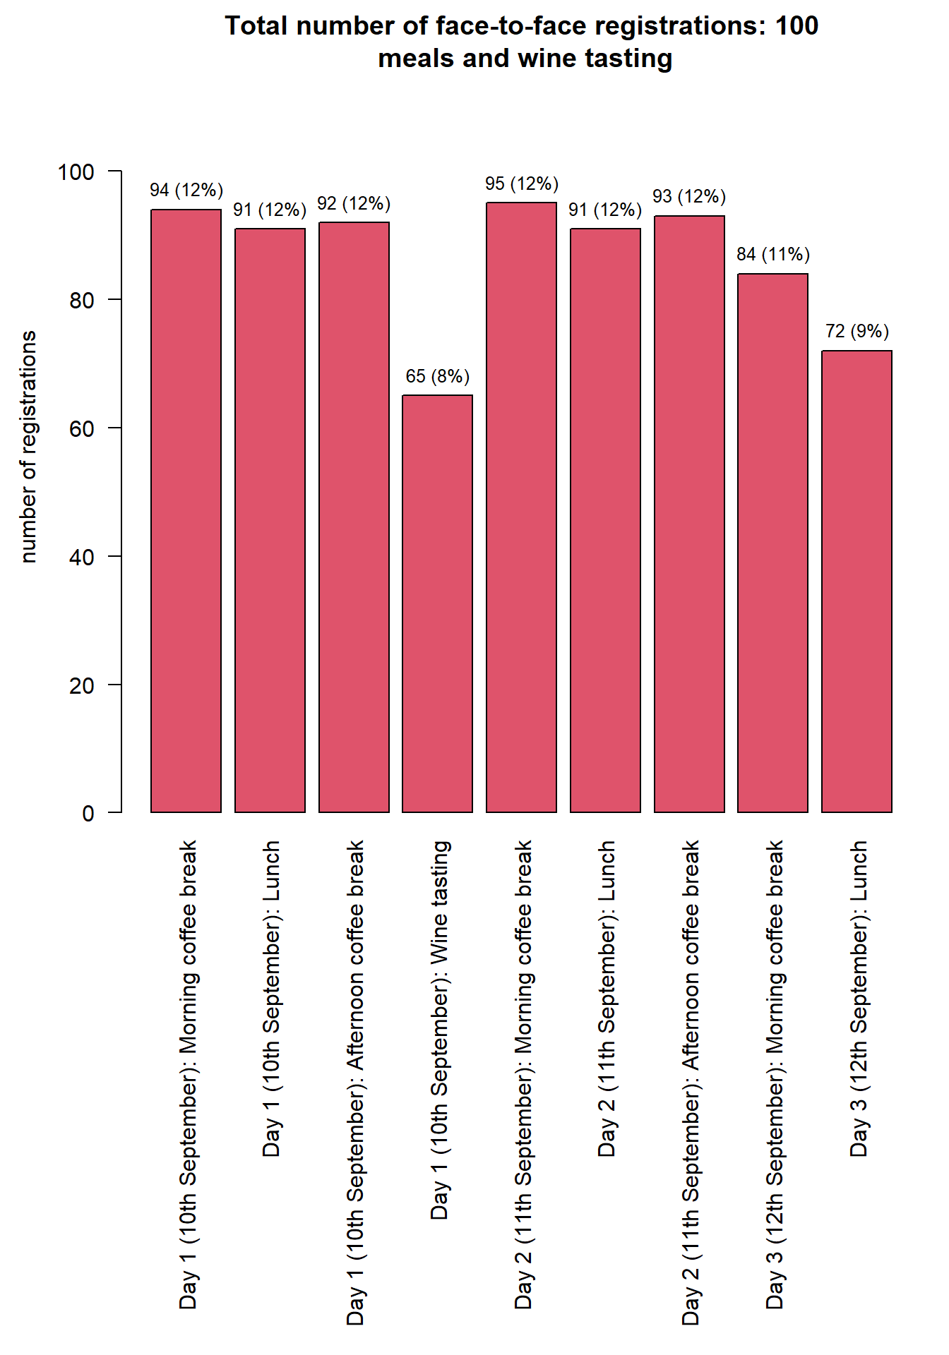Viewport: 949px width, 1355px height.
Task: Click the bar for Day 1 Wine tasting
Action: click(437, 603)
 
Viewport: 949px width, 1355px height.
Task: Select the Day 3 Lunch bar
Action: click(857, 581)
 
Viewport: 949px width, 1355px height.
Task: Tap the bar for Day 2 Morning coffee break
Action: click(521, 507)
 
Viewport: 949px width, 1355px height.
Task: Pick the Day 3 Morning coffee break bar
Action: click(772, 543)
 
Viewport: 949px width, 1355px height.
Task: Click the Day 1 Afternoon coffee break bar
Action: click(354, 517)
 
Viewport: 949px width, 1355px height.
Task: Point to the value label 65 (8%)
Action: click(437, 376)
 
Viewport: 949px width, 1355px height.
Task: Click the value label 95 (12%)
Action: click(521, 183)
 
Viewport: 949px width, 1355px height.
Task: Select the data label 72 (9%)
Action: click(857, 331)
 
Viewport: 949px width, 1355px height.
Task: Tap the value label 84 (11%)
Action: click(772, 254)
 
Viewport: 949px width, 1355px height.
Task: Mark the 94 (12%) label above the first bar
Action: click(186, 190)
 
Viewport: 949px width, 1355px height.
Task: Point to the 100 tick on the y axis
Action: click(76, 171)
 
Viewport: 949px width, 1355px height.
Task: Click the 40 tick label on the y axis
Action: click(82, 557)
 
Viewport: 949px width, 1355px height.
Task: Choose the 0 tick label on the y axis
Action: click(88, 814)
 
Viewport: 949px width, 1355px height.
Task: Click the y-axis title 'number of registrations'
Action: click(28, 446)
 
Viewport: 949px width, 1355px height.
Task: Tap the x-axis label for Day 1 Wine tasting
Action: click(440, 1030)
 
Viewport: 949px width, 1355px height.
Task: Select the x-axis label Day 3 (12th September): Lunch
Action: click(859, 998)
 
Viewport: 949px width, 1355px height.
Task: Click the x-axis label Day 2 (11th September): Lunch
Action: click(607, 998)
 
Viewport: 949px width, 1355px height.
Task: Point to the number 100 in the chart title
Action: click(796, 25)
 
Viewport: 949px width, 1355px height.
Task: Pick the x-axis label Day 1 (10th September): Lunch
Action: click(272, 998)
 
